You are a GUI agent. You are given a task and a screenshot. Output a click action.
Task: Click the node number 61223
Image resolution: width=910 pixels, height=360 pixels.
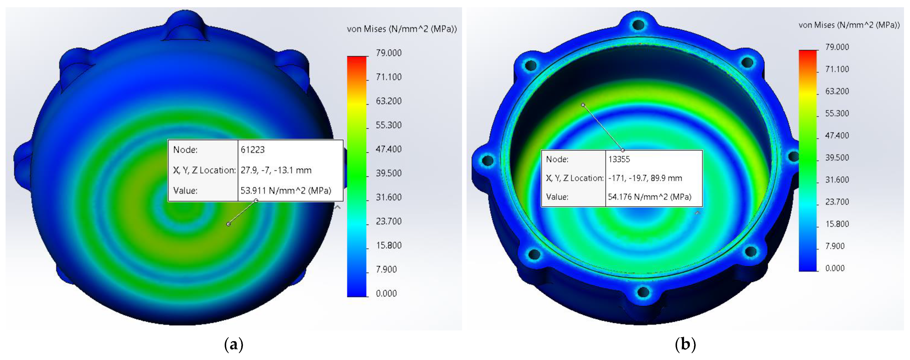pyautogui.click(x=253, y=150)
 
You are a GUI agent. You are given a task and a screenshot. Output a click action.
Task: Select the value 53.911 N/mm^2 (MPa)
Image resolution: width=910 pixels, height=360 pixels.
pyautogui.click(x=286, y=191)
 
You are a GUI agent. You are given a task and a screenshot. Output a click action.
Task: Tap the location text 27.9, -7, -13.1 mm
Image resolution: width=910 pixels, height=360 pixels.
pyautogui.click(x=276, y=170)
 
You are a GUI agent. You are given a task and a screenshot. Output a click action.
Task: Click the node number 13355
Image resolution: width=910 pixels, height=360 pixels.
pyautogui.click(x=619, y=159)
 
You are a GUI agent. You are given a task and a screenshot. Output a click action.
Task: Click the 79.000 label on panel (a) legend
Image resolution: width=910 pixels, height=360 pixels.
pyautogui.click(x=389, y=53)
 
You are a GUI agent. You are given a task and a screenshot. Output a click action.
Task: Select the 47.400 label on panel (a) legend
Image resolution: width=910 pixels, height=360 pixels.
pyautogui.click(x=389, y=149)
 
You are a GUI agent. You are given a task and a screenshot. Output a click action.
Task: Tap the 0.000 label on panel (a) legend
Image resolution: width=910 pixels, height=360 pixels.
pyautogui.click(x=386, y=293)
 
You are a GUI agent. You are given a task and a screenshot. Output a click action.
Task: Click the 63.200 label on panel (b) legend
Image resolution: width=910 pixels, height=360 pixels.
pyautogui.click(x=837, y=91)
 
